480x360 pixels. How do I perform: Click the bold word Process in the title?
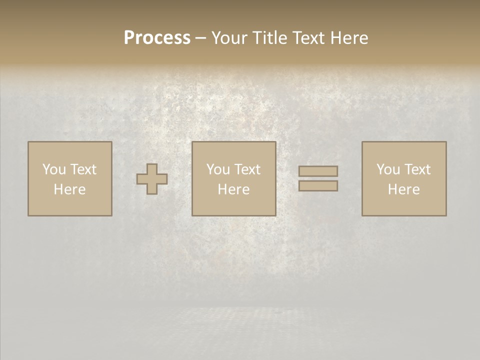coord(157,38)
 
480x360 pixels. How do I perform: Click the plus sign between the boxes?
coord(152,179)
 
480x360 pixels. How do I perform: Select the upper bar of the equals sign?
coord(318,171)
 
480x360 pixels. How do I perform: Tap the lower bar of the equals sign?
coord(318,186)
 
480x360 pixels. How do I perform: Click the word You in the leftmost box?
coord(54,169)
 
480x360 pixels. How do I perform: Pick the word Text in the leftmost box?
coord(83,169)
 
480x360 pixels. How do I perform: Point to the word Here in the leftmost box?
coord(69,189)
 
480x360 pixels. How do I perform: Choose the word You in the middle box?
coord(218,169)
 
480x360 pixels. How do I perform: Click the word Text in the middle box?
coord(247,169)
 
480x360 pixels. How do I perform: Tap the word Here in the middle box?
coord(233,189)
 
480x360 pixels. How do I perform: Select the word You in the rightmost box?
coord(388,169)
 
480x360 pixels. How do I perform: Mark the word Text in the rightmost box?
coord(417,169)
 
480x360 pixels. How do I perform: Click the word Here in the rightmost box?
coord(403,189)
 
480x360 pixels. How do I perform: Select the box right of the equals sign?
coord(404,205)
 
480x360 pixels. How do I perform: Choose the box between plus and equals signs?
coord(234,205)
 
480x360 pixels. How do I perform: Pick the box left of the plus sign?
coord(70,205)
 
